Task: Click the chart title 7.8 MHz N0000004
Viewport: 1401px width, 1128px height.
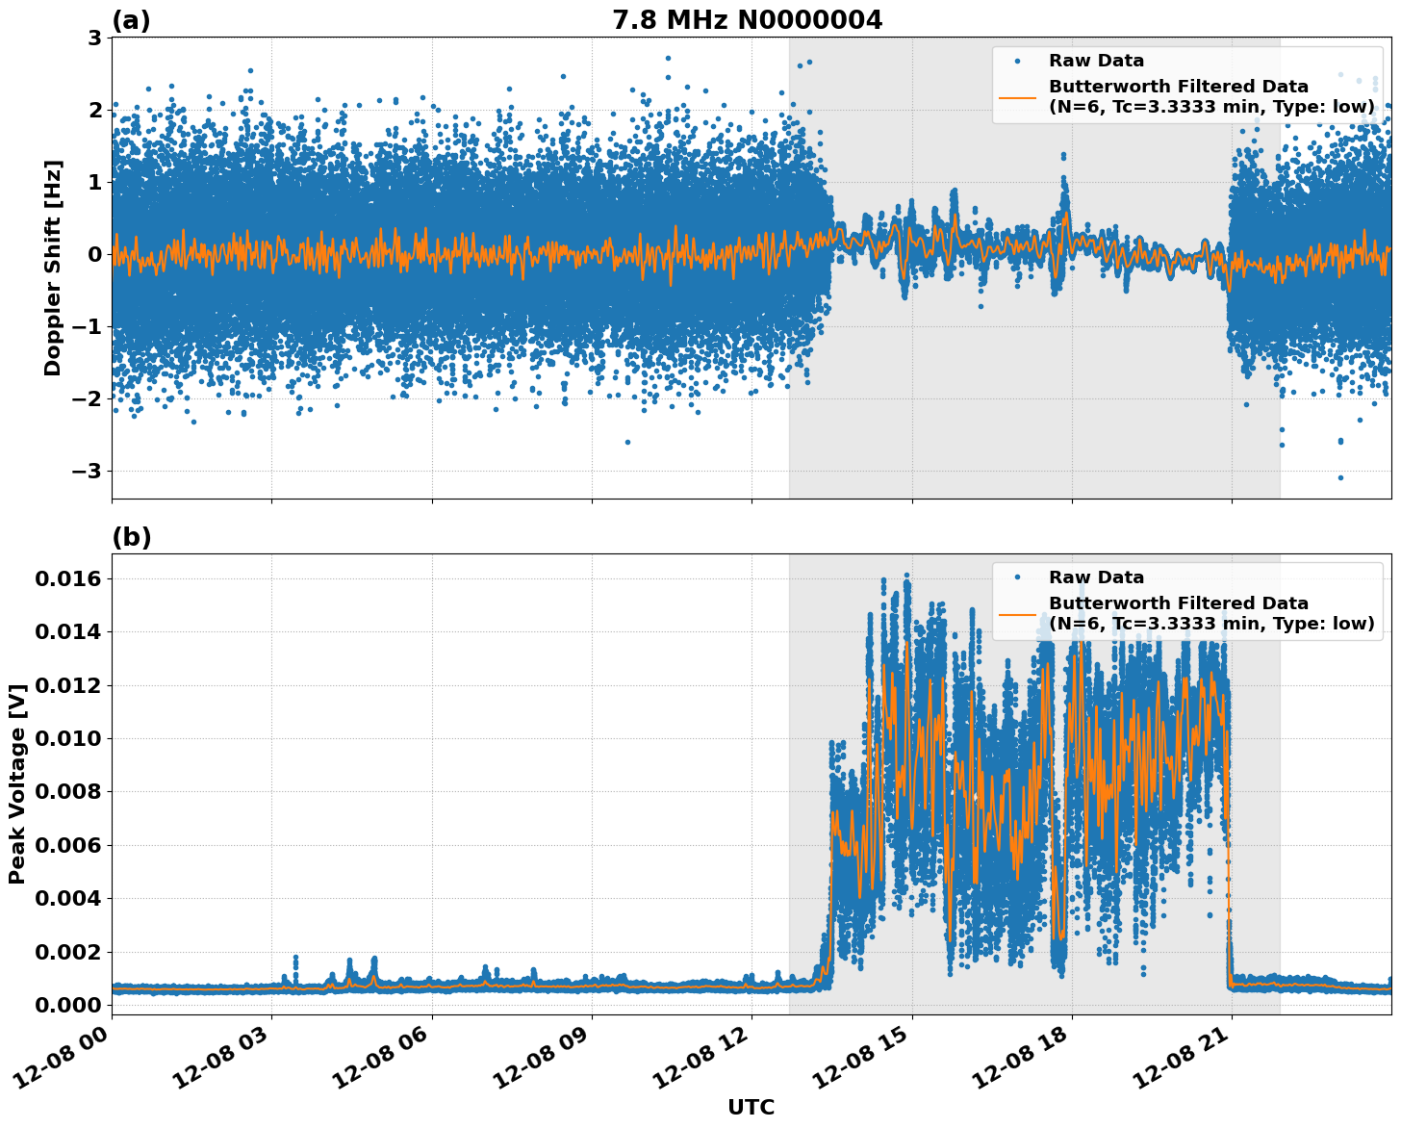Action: pyautogui.click(x=747, y=20)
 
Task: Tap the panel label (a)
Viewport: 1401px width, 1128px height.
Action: pyautogui.click(x=131, y=20)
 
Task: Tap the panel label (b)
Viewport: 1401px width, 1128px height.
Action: pyautogui.click(x=132, y=537)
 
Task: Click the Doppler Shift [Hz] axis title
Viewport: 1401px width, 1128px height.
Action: pyautogui.click(x=53, y=268)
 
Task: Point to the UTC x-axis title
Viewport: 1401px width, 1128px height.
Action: pyautogui.click(x=751, y=1107)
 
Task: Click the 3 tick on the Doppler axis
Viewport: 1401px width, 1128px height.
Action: pyautogui.click(x=95, y=38)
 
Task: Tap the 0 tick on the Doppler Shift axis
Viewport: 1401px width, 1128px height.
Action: pyautogui.click(x=95, y=254)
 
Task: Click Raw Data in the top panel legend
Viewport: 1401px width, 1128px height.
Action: pyautogui.click(x=1096, y=61)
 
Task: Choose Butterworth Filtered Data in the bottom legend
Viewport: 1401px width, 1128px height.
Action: pyautogui.click(x=1178, y=603)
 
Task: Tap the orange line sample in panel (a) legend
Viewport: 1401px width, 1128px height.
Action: pyautogui.click(x=1017, y=97)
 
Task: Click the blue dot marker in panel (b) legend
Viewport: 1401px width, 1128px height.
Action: pyautogui.click(x=1017, y=577)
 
